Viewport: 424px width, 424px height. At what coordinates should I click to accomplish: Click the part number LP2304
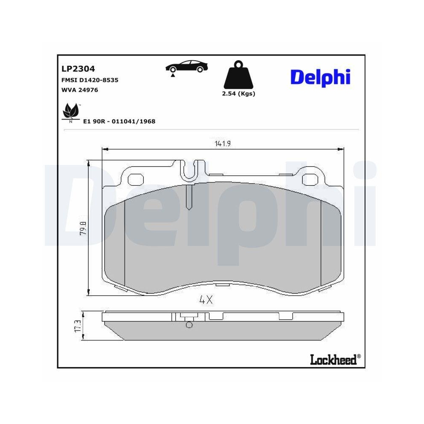pyautogui.click(x=78, y=68)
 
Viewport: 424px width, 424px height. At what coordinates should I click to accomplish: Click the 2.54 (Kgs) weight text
pyautogui.click(x=238, y=94)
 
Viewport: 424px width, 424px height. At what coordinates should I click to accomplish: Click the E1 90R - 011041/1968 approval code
pyautogui.click(x=119, y=121)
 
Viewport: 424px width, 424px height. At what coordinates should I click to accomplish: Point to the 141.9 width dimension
pyautogui.click(x=223, y=144)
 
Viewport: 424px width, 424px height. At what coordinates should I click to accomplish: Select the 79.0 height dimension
pyautogui.click(x=84, y=228)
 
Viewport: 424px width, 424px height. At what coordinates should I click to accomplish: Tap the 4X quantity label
pyautogui.click(x=206, y=300)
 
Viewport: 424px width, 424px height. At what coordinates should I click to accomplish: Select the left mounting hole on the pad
pyautogui.click(x=136, y=180)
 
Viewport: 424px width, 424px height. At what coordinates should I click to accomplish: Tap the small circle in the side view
pyautogui.click(x=189, y=325)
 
